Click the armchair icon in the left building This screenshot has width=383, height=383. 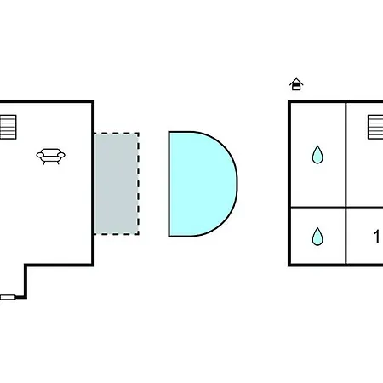tap(50, 156)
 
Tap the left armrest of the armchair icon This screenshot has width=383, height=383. tap(40, 155)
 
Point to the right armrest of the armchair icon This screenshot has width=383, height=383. tap(61, 155)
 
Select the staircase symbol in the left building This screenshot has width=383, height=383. tap(8, 127)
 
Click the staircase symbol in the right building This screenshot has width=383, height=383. tap(375, 127)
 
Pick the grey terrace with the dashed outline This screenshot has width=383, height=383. tap(117, 184)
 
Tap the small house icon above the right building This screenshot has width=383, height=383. tap(296, 84)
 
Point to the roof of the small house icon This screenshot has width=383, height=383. tap(296, 81)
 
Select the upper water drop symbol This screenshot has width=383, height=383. tap(317, 155)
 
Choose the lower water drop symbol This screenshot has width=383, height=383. tap(317, 237)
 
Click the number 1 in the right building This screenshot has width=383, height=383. tap(376, 237)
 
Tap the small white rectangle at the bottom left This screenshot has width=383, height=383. tap(8, 297)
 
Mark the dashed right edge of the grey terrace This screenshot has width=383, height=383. tap(139, 184)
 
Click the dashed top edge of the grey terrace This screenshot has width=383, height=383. tap(117, 133)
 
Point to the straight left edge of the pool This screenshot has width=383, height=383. tap(169, 184)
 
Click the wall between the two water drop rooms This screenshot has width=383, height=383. tap(318, 208)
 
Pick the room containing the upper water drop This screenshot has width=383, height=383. tap(318, 155)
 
